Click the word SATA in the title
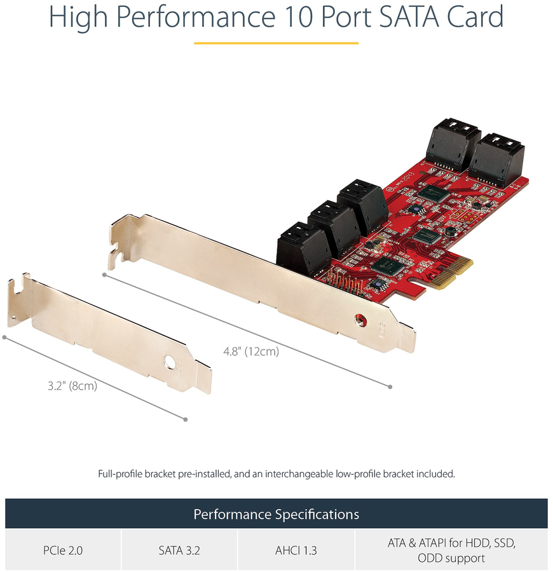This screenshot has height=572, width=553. pos(409,17)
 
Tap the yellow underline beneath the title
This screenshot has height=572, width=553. pos(276,43)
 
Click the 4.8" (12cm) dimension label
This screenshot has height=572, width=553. pos(251,351)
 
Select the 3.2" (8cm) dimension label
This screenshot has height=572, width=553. pos(72,386)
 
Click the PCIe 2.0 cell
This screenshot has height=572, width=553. pos(63,550)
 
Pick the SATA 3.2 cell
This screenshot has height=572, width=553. pos(179,550)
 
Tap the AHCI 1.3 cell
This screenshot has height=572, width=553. pos(296,550)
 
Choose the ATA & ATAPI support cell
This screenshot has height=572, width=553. pos(451,550)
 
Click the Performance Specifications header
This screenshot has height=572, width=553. pos(276,514)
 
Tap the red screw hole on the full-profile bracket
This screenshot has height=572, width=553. pos(360,320)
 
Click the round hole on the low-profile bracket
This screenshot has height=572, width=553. pos(170,362)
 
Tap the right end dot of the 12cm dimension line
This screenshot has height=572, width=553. pos(390,386)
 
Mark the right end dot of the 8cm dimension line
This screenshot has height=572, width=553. pos(186,419)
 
